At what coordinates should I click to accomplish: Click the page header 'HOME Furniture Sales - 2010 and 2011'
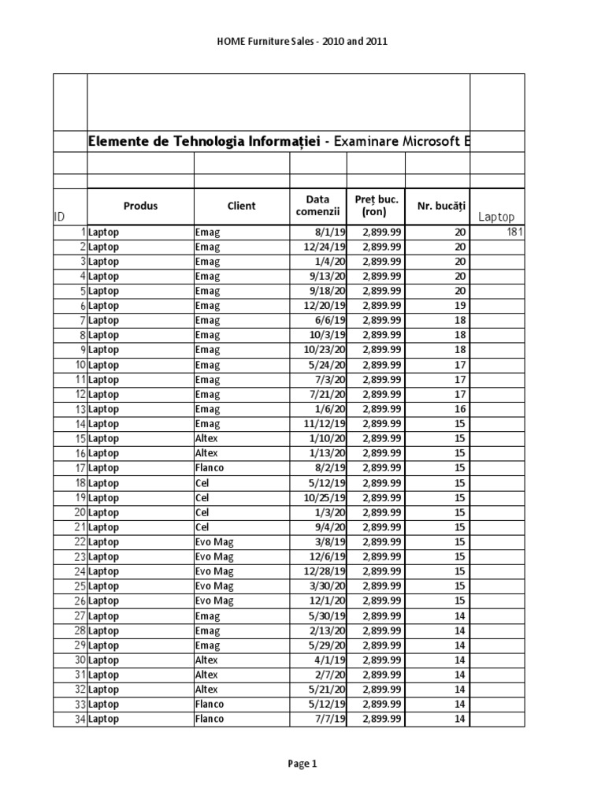tap(302, 42)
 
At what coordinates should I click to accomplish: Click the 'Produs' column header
tap(140, 206)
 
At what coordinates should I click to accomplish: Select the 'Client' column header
tap(241, 206)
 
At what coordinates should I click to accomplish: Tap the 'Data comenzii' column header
tap(317, 206)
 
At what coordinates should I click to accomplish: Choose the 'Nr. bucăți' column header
tap(437, 206)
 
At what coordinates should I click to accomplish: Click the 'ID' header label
tap(59, 217)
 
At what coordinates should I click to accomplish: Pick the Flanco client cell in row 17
tap(209, 468)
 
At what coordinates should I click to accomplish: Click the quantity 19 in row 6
tap(460, 306)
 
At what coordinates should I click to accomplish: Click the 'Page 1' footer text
tap(302, 764)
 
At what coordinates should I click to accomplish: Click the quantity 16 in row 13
tap(460, 409)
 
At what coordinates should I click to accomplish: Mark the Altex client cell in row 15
tap(206, 438)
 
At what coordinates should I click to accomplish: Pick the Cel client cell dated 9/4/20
tap(202, 527)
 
